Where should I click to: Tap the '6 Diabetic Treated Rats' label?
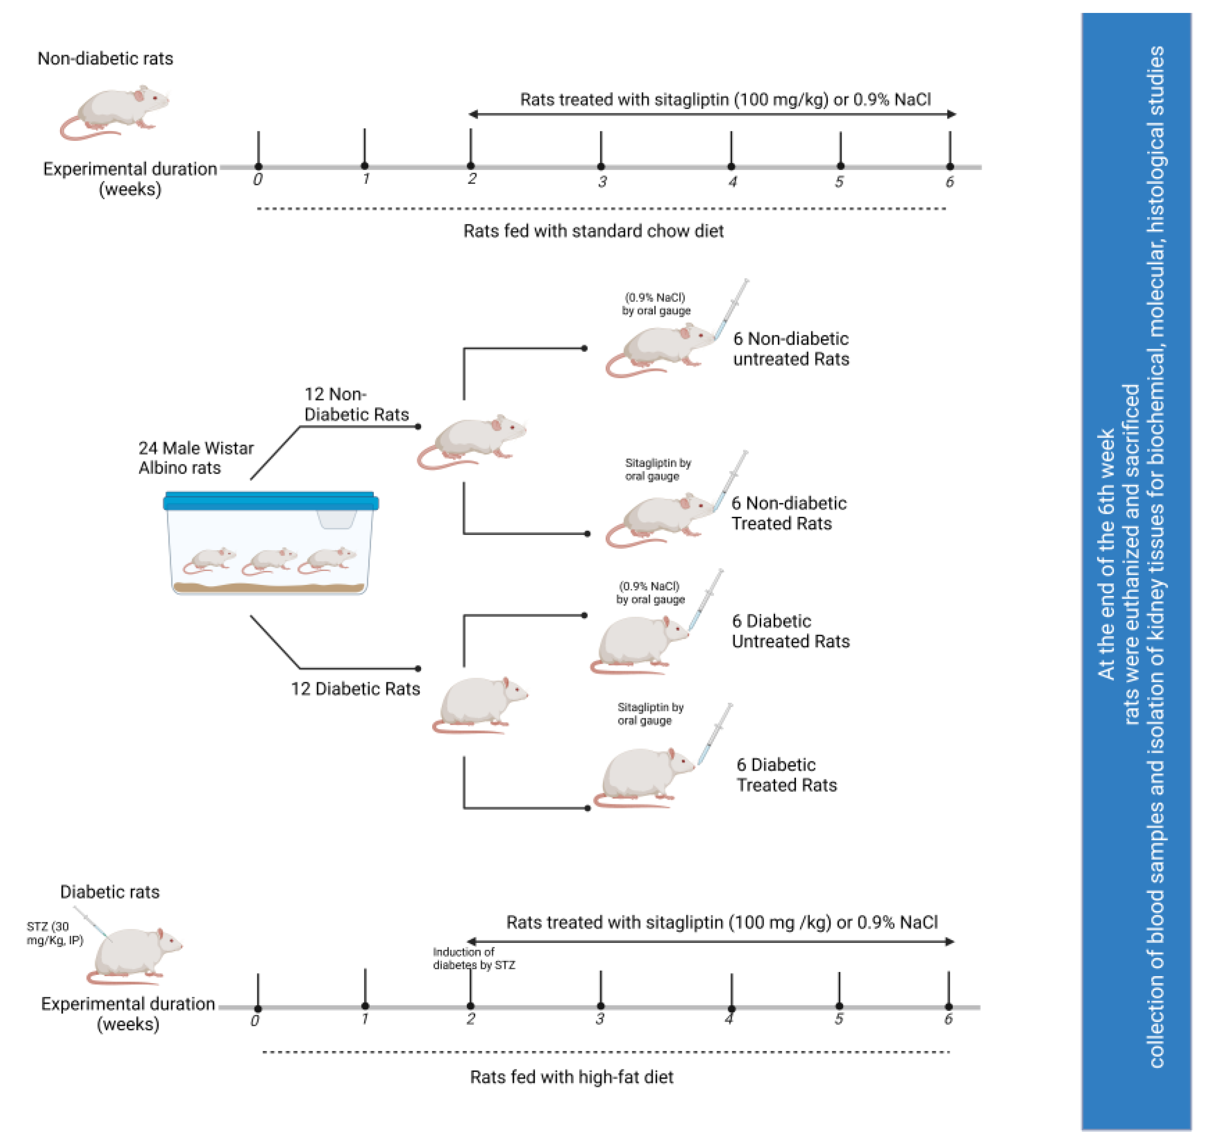click(786, 775)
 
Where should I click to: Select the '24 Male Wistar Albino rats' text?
click(196, 458)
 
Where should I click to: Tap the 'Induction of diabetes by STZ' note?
click(473, 958)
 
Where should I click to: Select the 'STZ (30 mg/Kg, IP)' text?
click(54, 933)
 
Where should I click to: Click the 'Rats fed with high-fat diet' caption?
click(571, 1077)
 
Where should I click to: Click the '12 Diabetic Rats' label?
click(355, 689)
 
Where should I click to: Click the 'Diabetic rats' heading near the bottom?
click(110, 892)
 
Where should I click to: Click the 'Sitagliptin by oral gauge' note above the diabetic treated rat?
click(650, 714)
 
